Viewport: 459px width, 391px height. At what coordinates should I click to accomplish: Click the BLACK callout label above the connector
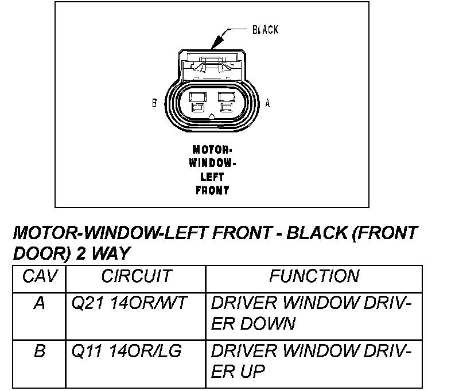[x=266, y=29]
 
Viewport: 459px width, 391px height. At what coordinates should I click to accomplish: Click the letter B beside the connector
[x=154, y=104]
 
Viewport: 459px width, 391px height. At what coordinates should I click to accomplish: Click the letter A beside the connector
[x=267, y=104]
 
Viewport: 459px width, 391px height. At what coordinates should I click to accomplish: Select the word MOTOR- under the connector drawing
[x=212, y=149]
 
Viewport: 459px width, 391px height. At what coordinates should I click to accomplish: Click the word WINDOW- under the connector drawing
[x=212, y=163]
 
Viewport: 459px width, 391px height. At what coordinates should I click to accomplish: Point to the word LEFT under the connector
[x=212, y=177]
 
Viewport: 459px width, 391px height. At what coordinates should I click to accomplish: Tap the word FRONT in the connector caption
[x=212, y=190]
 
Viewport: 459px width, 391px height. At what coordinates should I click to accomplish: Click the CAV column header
[x=39, y=276]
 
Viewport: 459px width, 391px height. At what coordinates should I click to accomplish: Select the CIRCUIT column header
[x=136, y=276]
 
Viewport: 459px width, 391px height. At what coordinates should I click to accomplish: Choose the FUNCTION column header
[x=314, y=276]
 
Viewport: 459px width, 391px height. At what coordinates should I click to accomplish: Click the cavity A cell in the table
[x=39, y=303]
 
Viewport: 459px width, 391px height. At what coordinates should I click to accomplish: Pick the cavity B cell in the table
[x=39, y=351]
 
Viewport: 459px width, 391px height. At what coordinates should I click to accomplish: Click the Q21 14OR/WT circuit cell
[x=129, y=303]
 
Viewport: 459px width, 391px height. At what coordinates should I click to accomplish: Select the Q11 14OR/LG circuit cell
[x=126, y=351]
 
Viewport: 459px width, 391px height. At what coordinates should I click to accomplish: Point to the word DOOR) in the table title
[x=41, y=252]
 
